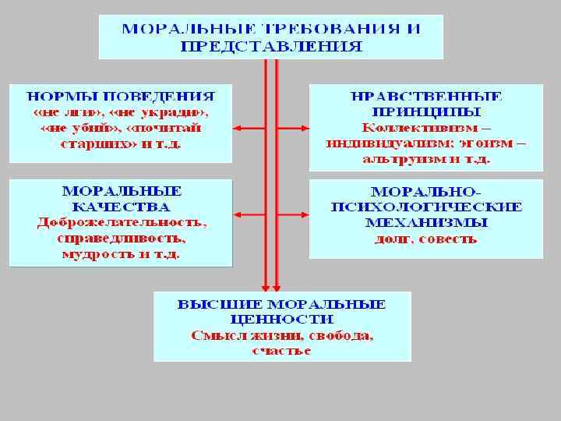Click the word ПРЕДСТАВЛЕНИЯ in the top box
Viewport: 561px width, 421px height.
[x=271, y=46]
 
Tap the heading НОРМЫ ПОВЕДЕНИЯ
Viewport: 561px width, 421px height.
[x=121, y=97]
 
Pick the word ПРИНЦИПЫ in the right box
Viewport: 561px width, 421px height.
[x=426, y=112]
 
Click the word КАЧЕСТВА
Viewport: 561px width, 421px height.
[x=121, y=207]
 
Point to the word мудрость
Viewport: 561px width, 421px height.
[x=91, y=254]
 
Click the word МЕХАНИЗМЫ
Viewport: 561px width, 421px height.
[x=426, y=222]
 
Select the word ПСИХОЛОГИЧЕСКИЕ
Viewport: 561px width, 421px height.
[x=426, y=207]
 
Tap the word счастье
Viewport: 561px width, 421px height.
[x=281, y=351]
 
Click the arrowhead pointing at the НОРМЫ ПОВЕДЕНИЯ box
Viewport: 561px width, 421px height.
[x=237, y=128]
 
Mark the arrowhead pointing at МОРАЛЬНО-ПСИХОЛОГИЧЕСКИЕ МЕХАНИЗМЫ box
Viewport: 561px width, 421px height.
[x=305, y=214]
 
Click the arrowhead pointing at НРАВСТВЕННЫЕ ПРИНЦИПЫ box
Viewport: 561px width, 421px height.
[x=305, y=128]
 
